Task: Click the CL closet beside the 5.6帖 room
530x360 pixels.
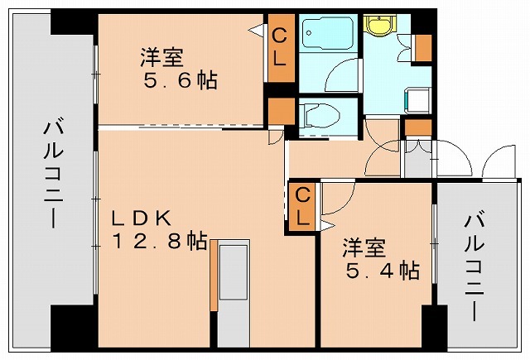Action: pos(279,48)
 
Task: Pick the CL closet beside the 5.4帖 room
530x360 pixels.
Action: pos(303,207)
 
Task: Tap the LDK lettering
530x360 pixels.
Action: pos(142,218)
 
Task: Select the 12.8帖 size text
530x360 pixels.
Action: pos(160,241)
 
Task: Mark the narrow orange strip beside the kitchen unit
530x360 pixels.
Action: pos(214,273)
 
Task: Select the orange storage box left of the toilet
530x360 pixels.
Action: pos(279,111)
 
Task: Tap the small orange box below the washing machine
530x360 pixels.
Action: pos(418,127)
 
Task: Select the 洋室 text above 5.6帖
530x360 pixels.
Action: pos(161,58)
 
